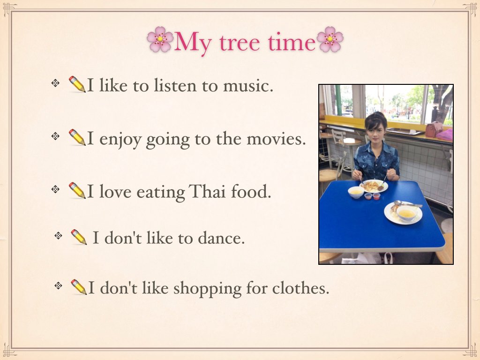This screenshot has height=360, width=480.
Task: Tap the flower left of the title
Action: (x=160, y=39)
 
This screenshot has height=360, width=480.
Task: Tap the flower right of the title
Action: (x=330, y=39)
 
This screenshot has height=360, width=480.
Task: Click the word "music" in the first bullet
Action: (x=248, y=85)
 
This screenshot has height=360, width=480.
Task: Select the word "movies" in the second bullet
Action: (x=276, y=139)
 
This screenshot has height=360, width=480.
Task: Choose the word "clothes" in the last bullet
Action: (x=300, y=288)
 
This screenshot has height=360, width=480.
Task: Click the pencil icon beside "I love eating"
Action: (x=77, y=190)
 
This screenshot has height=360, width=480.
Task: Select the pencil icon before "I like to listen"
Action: (x=77, y=84)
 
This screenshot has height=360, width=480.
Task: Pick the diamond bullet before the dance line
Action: (x=58, y=235)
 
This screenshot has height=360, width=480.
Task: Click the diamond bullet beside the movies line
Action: (x=55, y=136)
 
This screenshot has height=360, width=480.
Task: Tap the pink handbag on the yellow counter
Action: (x=434, y=129)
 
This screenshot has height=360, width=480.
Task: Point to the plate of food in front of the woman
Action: (x=374, y=186)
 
